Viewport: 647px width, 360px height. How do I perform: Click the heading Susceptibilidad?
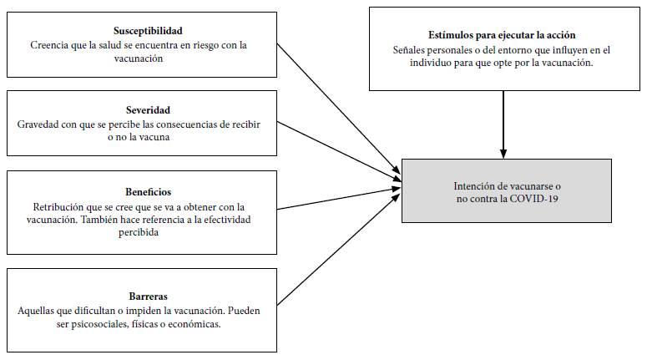click(148, 31)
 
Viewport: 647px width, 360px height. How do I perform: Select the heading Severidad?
click(148, 110)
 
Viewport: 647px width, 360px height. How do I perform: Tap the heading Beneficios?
click(148, 192)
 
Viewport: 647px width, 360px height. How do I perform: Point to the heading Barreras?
click(148, 297)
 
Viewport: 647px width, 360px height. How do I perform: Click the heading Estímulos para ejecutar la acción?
click(502, 35)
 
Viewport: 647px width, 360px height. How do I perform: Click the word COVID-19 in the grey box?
click(534, 199)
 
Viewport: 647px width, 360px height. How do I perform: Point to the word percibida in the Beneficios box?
click(139, 232)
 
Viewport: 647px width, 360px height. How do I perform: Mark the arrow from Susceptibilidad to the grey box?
click(339, 109)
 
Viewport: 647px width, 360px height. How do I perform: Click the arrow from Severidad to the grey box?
click(339, 151)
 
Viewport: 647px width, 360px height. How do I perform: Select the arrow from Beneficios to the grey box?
click(339, 199)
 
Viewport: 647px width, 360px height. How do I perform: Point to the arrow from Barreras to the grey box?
click(339, 250)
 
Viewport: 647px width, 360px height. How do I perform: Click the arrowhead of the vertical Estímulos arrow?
click(503, 154)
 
